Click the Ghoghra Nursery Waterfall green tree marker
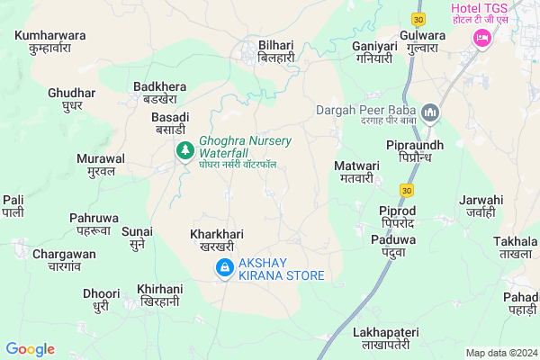184,150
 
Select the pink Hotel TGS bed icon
480,39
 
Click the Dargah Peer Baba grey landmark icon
429,112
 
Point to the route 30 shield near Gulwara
418,18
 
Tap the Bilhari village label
276,49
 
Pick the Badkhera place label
159,92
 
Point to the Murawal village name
100,165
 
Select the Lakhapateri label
382,338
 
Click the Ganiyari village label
373,51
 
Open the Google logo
30,349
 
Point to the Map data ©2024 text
500,353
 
